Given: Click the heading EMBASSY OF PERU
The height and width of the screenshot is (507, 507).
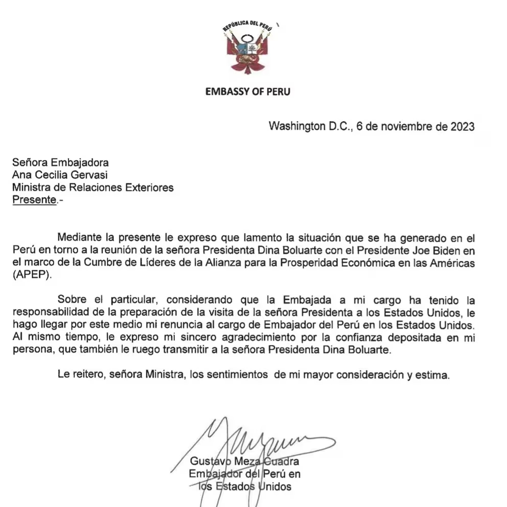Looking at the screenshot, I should click(x=247, y=92).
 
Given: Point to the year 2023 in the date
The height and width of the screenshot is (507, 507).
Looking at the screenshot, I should click(x=462, y=127).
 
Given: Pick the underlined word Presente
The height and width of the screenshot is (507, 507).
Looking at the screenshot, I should click(x=34, y=200).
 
